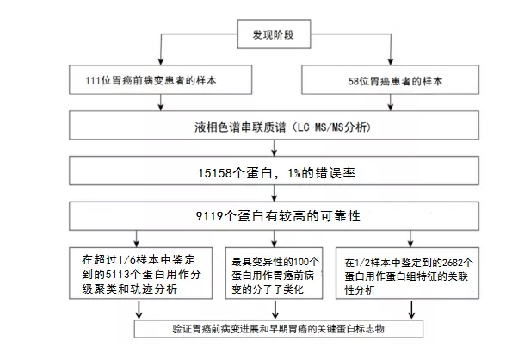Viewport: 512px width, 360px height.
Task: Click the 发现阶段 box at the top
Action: (274, 34)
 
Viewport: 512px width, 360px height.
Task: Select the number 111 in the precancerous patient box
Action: (93, 80)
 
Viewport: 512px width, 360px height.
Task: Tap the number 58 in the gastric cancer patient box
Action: (354, 81)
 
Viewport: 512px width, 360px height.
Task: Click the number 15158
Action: (214, 173)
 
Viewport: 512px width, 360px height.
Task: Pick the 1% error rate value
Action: (294, 173)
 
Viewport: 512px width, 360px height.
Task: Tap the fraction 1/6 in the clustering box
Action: (126, 260)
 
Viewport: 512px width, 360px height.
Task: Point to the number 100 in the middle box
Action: (301, 262)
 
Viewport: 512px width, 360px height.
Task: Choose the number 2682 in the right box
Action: (453, 263)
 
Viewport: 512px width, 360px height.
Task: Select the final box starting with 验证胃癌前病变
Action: (279, 329)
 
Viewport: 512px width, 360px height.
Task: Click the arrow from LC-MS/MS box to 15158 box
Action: (275, 147)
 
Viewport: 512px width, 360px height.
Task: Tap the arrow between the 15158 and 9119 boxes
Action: (275, 193)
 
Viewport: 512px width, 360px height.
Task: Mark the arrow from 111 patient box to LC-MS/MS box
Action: (160, 102)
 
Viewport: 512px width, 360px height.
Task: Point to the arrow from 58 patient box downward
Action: (391, 102)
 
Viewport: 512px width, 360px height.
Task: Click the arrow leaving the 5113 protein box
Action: (139, 309)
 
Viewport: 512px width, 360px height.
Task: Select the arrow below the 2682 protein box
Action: (412, 309)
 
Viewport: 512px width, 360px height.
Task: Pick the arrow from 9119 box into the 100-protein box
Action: (275, 239)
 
